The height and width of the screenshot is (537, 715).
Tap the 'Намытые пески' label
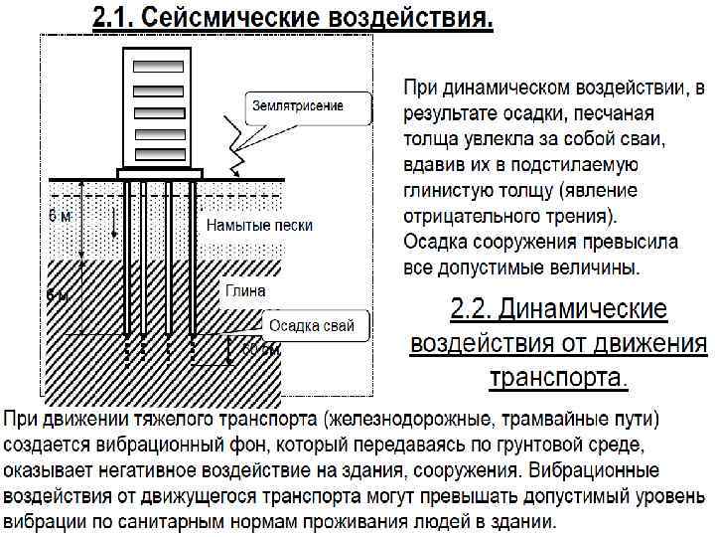[x=259, y=226]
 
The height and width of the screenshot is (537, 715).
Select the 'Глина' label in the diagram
[x=243, y=290]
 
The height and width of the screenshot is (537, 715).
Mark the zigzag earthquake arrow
[x=237, y=144]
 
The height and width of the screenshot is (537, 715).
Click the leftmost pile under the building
[x=127, y=259]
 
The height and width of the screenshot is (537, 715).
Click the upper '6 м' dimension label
[x=59, y=216]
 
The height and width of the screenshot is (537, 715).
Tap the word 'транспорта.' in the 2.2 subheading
[x=559, y=378]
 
